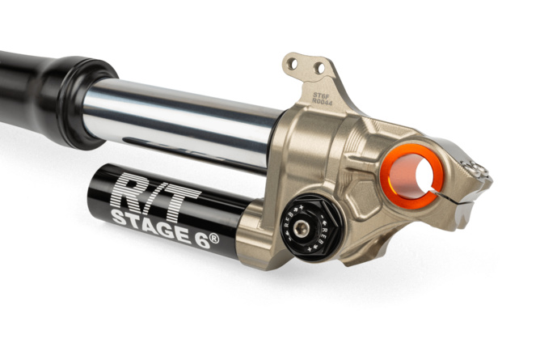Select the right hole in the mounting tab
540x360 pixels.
coord(319,67)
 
